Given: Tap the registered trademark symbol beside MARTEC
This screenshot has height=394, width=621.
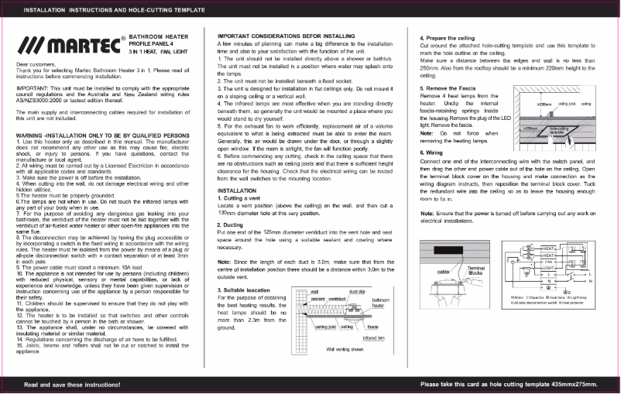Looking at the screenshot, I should (x=123, y=36).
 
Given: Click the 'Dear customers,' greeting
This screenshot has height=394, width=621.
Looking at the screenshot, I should (x=36, y=63).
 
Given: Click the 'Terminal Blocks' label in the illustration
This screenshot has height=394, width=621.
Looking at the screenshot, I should (x=476, y=270).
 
